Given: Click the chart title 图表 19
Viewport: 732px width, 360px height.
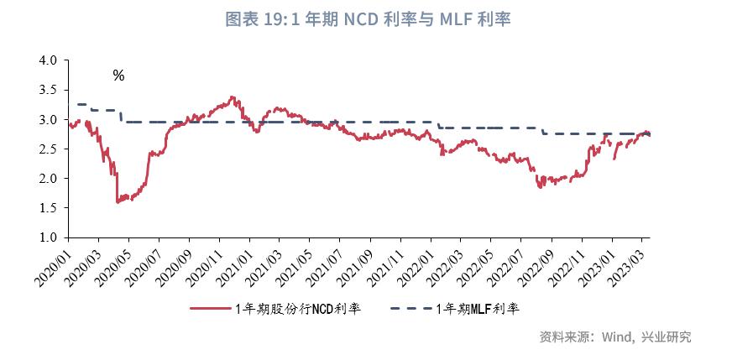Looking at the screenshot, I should (x=368, y=19).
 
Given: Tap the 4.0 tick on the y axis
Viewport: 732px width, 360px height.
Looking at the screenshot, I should (x=48, y=61).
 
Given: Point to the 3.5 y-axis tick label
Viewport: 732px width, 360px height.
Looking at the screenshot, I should (x=48, y=91).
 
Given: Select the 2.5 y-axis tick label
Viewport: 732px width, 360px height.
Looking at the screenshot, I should (x=48, y=149).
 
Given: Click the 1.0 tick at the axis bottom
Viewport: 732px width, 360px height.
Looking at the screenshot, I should (x=48, y=238).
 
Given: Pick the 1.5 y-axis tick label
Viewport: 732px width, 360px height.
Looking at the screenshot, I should (x=48, y=208).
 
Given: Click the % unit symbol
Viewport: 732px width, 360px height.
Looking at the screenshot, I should (x=118, y=76).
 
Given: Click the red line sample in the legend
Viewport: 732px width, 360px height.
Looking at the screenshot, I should (x=211, y=309).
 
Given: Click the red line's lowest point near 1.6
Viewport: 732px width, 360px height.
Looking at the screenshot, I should (x=118, y=202).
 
